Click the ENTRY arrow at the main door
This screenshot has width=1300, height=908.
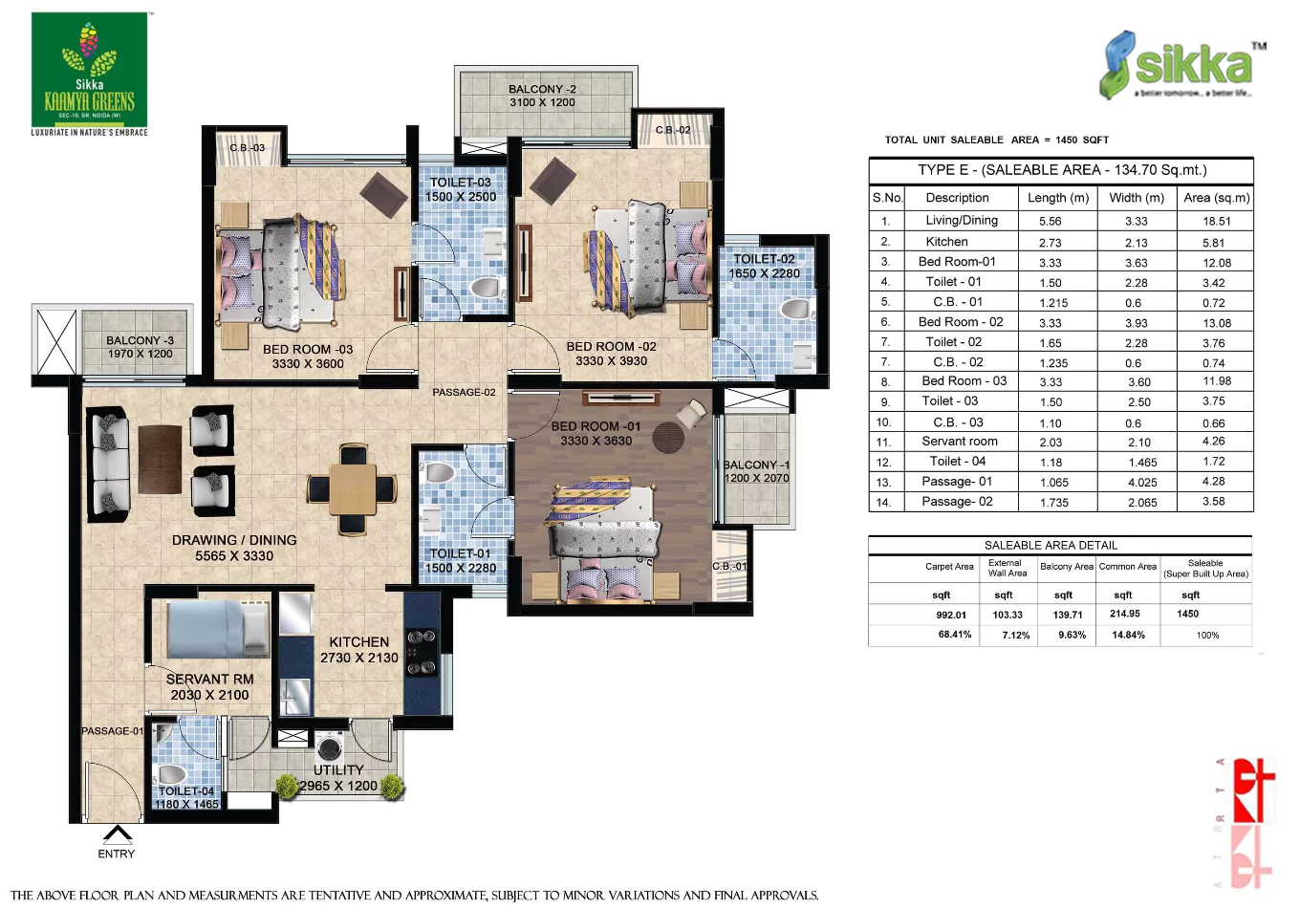117,834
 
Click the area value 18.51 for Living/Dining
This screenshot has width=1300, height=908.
1217,221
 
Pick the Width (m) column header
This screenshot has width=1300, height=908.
1137,198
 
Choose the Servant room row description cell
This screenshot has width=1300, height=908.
959,442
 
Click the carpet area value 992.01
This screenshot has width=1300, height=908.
951,615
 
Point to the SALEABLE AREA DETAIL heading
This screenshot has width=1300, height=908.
1051,545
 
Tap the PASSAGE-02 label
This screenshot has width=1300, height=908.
464,392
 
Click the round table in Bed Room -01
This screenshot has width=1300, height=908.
669,437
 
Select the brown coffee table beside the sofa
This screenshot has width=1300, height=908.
160,459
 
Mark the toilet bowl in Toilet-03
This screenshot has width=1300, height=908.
486,287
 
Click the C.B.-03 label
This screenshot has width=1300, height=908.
247,148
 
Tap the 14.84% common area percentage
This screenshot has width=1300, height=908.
1128,635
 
